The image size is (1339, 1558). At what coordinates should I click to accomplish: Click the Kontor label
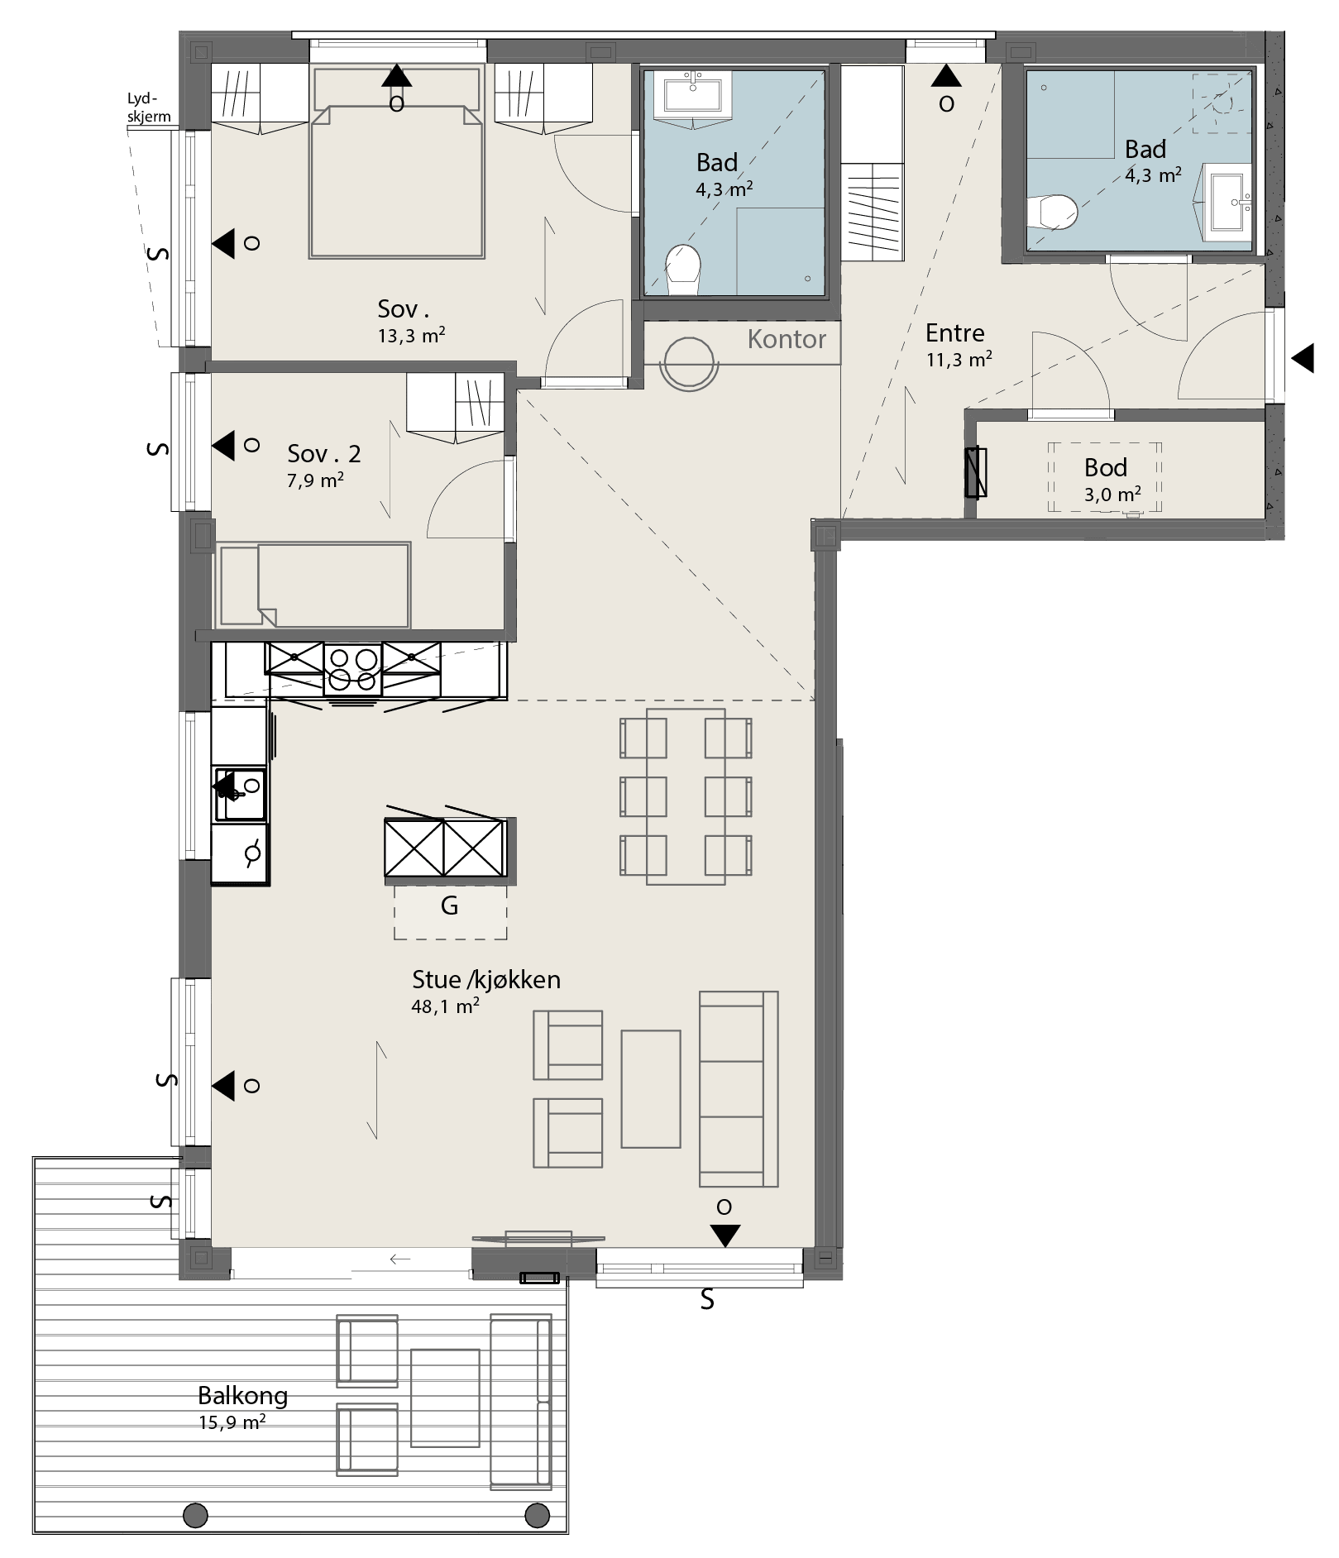coord(787,339)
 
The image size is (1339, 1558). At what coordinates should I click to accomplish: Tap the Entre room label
coord(955,333)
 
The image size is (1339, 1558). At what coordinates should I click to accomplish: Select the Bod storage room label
coord(1106,468)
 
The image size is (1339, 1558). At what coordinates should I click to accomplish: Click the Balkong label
coord(242,1396)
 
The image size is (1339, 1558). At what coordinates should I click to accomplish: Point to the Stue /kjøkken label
coord(486,980)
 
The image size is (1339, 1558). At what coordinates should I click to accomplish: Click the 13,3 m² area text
coord(412,335)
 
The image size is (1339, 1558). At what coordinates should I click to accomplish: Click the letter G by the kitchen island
coord(449,906)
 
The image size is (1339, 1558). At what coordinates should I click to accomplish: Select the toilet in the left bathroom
coord(683,269)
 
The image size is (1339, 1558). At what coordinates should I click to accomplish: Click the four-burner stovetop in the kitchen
coord(353,669)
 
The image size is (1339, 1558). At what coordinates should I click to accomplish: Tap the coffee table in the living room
coord(651,1088)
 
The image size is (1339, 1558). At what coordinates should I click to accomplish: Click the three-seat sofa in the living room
coord(739,1088)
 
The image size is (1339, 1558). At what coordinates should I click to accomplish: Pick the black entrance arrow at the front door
coord(1303,359)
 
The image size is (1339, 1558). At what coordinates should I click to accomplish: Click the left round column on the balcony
coord(195,1516)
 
